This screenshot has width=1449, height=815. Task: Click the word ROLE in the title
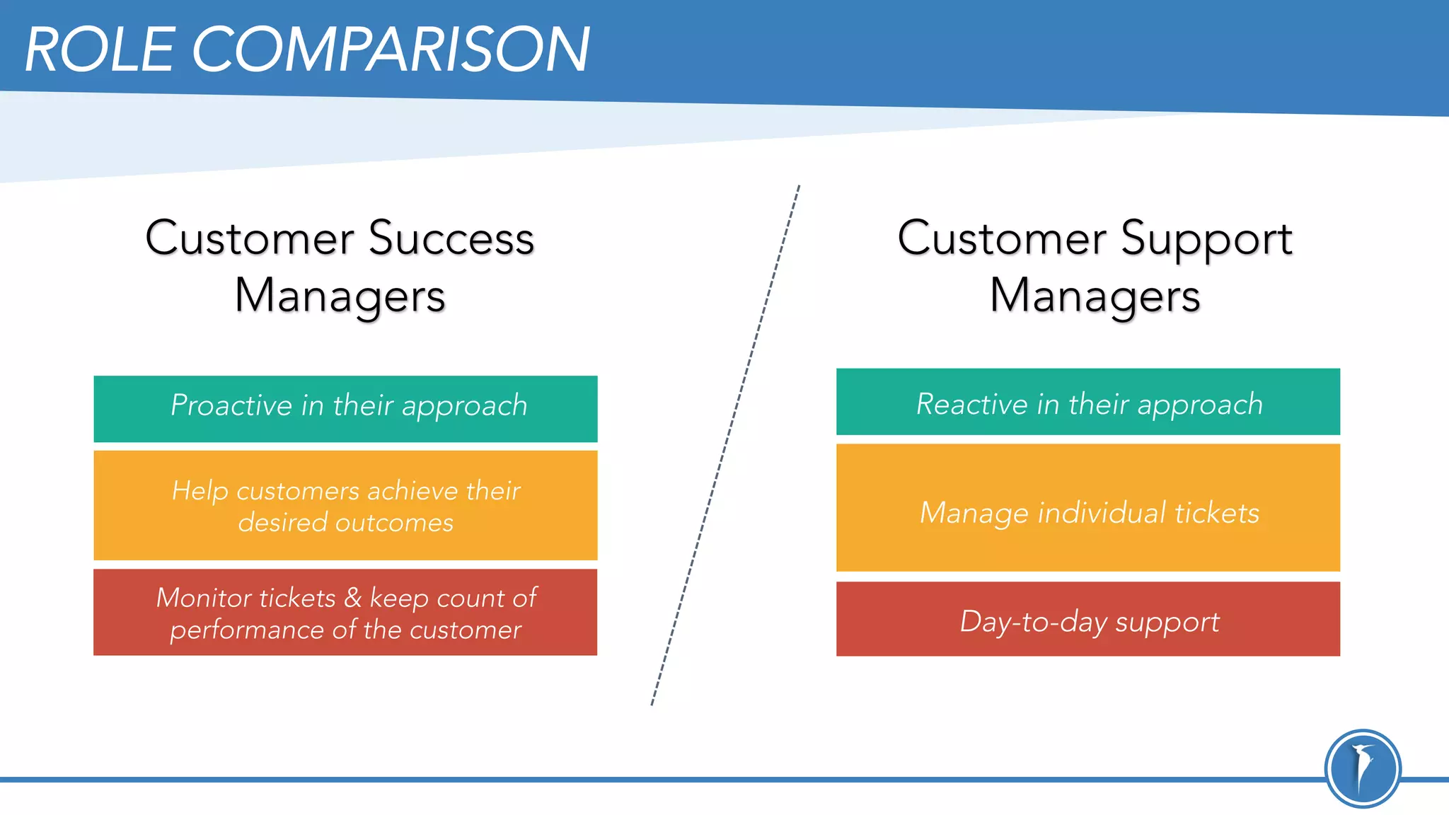(x=100, y=50)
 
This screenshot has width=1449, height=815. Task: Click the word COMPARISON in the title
(x=391, y=50)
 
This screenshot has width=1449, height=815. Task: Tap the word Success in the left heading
(x=451, y=238)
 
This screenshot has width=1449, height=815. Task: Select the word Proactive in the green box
(x=231, y=405)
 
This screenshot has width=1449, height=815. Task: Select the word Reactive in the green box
(x=971, y=404)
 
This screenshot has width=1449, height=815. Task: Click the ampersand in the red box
(x=352, y=599)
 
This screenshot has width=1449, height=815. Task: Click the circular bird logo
(x=1362, y=768)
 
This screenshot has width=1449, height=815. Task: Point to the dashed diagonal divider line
(x=725, y=446)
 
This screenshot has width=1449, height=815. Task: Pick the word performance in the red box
(x=246, y=630)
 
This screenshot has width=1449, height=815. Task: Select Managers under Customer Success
(x=340, y=296)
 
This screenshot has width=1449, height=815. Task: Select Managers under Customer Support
(x=1095, y=296)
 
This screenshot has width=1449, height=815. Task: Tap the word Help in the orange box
(x=200, y=491)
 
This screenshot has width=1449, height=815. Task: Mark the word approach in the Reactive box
(x=1200, y=405)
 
